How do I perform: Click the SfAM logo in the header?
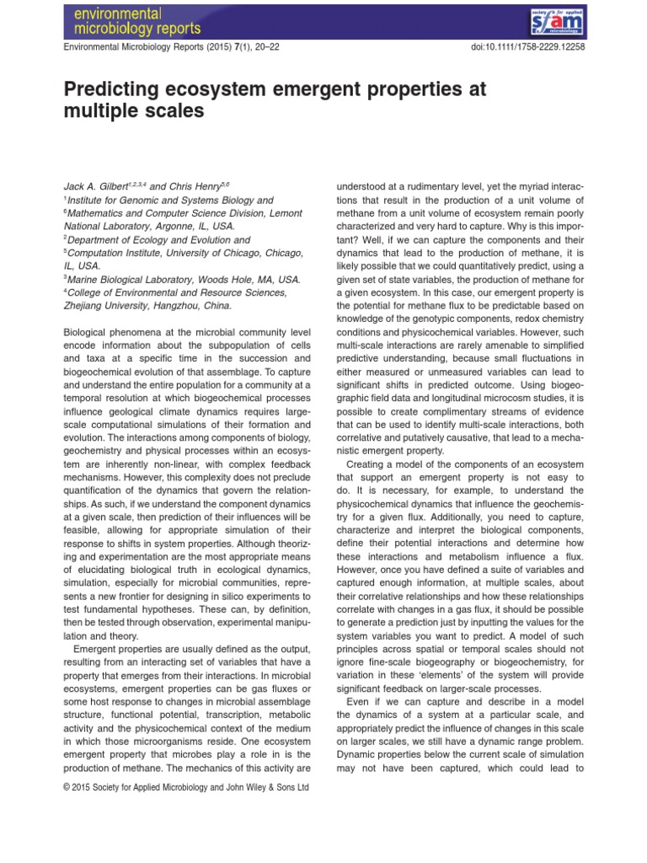click(557, 19)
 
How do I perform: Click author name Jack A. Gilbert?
click(97, 185)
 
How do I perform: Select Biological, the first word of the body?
click(88, 334)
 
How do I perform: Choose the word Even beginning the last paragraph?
click(360, 701)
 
